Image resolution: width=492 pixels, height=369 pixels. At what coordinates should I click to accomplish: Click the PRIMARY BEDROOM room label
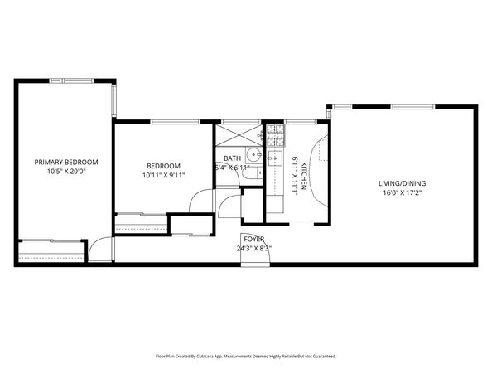[x=66, y=162]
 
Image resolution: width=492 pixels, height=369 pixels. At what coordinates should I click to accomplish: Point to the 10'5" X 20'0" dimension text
[x=66, y=172]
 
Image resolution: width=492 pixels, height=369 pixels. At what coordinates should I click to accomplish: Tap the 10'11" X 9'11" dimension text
[x=162, y=175]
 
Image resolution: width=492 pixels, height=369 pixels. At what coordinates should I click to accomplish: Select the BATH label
[x=232, y=158]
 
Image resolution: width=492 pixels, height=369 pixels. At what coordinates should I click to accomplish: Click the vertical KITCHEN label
[x=304, y=176]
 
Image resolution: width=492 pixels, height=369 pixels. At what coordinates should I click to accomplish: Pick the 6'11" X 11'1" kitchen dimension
[x=294, y=175]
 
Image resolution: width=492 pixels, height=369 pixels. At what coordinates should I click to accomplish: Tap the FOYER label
[x=253, y=238]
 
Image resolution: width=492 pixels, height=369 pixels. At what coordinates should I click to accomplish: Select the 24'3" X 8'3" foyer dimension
[x=253, y=248]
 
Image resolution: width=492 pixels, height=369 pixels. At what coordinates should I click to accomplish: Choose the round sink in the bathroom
[x=255, y=155]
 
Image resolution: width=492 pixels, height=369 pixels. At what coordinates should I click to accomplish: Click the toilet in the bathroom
[x=256, y=173]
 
